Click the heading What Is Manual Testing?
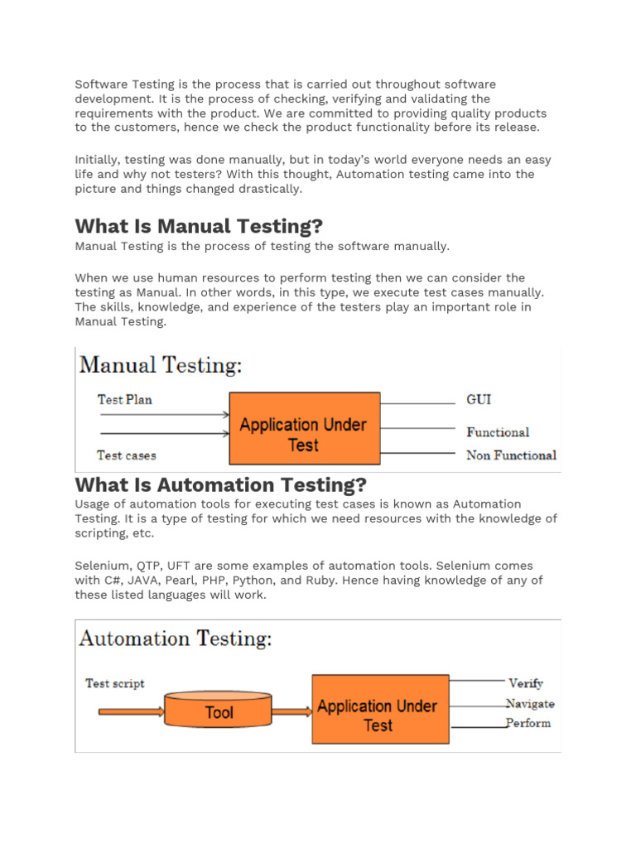tap(199, 226)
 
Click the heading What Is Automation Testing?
tap(221, 484)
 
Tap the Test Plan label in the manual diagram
tap(125, 399)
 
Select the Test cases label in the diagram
tap(126, 455)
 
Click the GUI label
tap(479, 399)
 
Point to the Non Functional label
tap(511, 455)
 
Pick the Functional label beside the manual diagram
tap(498, 431)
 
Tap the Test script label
tap(115, 683)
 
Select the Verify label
tap(526, 683)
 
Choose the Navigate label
tap(531, 704)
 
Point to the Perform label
tap(528, 723)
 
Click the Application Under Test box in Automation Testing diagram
tap(378, 709)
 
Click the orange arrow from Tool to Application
tap(291, 711)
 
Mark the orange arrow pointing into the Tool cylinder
tap(130, 711)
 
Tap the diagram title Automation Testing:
tap(176, 638)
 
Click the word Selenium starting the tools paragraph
tap(99, 566)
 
